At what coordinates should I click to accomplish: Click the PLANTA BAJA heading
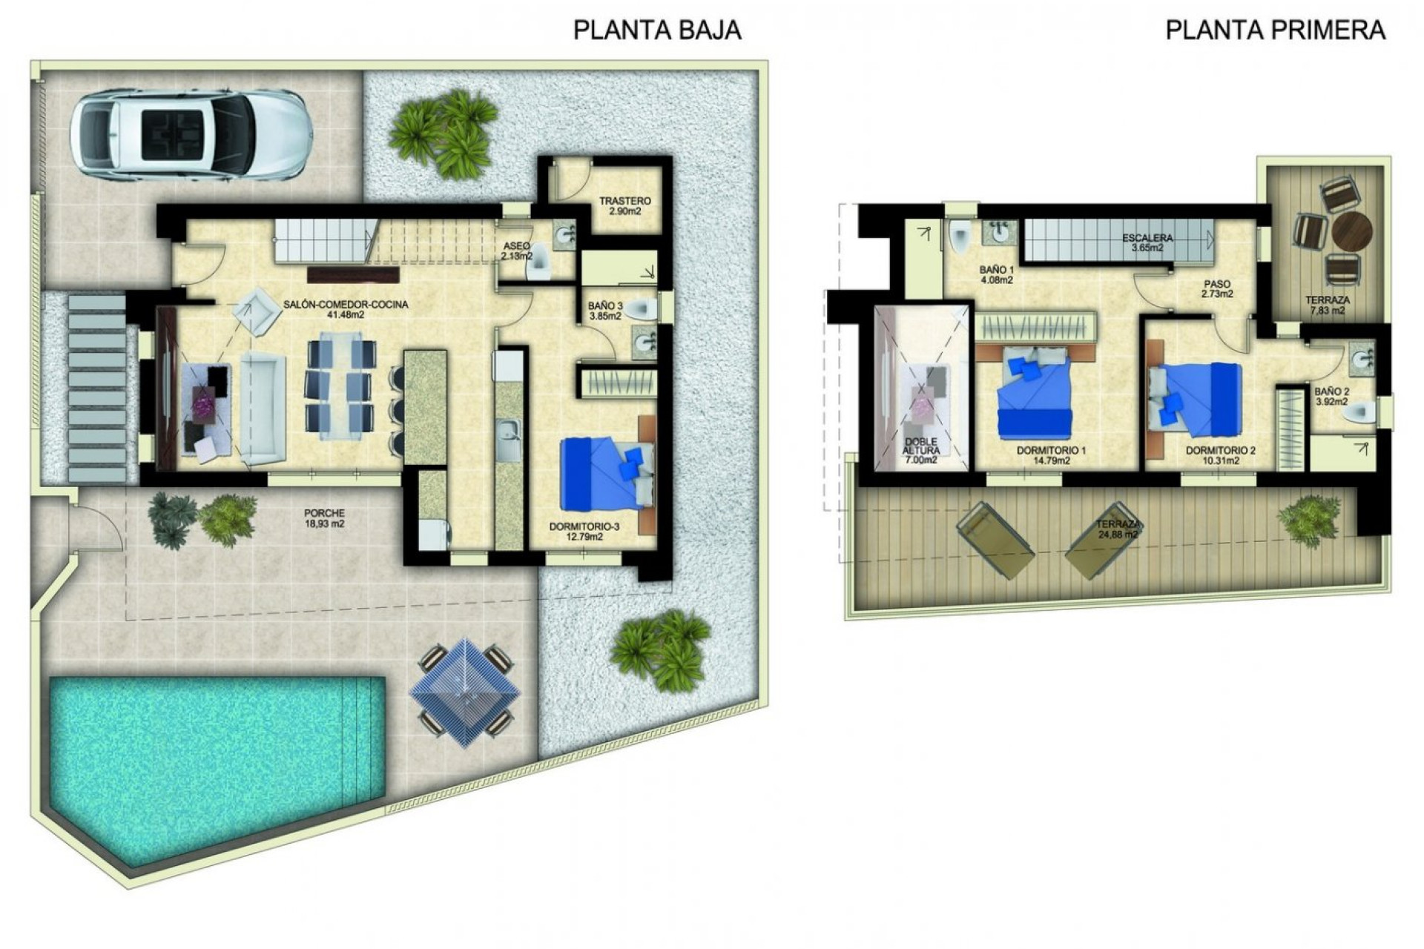point(657,30)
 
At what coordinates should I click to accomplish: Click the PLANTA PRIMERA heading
point(1275,30)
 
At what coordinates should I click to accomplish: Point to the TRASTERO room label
point(624,201)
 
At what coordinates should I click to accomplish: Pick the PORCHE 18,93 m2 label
point(324,518)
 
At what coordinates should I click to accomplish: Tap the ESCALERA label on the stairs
point(1147,238)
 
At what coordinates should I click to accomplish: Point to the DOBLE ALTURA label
point(920,446)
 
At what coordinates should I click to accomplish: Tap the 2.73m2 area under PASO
point(1216,294)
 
